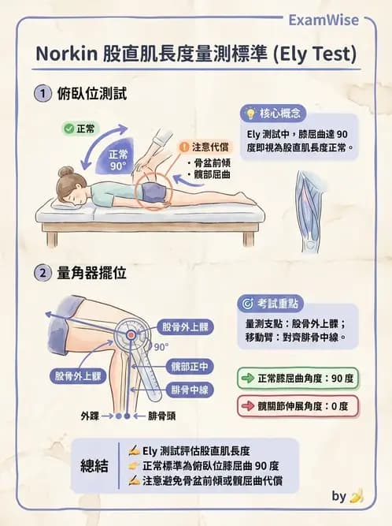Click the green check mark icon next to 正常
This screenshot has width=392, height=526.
(68, 128)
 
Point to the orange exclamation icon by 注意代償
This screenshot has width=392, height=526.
(184, 147)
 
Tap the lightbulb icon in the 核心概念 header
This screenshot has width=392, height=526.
(253, 114)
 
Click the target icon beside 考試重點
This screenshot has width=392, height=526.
(248, 303)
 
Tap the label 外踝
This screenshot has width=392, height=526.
(91, 414)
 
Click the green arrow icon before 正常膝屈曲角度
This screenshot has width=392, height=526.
(246, 379)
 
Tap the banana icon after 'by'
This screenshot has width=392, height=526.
(357, 496)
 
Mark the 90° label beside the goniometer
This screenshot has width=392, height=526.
(161, 345)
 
